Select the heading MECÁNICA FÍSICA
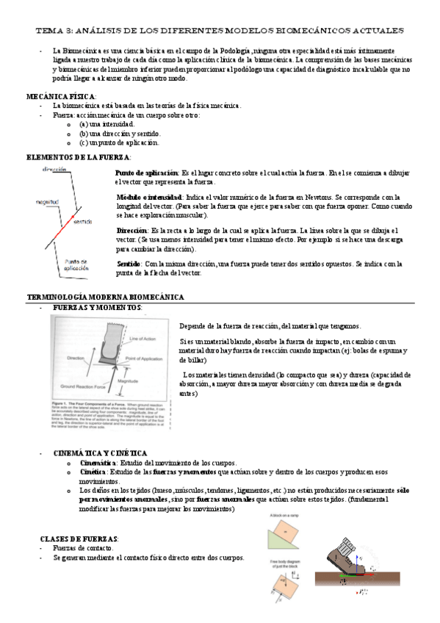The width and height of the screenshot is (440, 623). click(60, 97)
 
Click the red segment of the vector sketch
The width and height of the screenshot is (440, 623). click(60, 228)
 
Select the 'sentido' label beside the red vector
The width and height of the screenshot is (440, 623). click(82, 220)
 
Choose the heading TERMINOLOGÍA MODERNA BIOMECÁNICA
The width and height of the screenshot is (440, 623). click(105, 297)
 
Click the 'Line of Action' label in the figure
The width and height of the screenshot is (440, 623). click(140, 339)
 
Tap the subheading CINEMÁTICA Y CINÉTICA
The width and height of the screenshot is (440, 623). click(101, 453)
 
